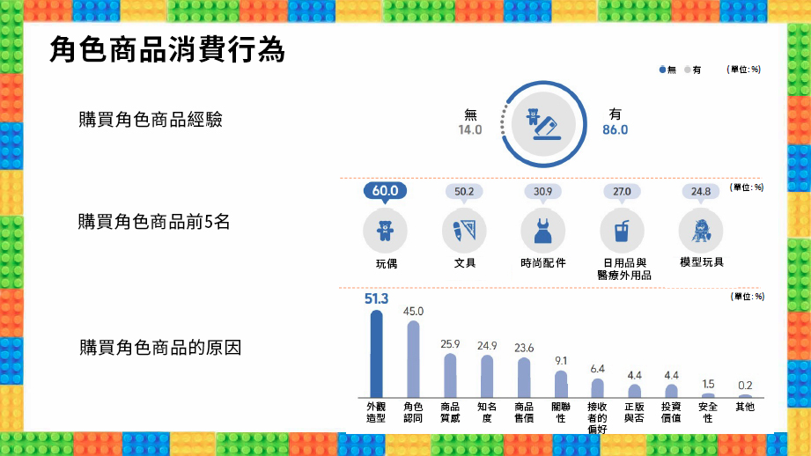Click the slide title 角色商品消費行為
(167, 50)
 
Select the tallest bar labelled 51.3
(377, 354)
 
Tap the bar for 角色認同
(413, 359)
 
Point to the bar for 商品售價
(524, 378)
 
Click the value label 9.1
(561, 361)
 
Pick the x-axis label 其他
(745, 407)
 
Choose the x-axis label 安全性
(708, 413)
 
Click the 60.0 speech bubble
(386, 191)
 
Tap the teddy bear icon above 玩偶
(386, 231)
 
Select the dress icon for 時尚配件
(543, 231)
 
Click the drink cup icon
(623, 231)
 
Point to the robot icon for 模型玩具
(701, 231)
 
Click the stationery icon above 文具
(464, 231)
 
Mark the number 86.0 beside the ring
(615, 129)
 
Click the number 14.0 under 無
(469, 129)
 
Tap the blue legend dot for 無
(662, 70)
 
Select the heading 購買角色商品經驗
(151, 120)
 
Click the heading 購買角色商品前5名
(153, 222)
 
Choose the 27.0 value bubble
(622, 192)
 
